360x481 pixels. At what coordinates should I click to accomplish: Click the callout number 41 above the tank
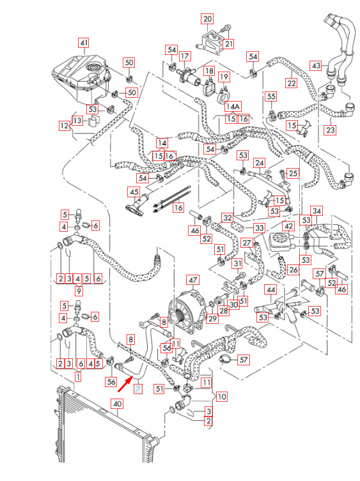83,43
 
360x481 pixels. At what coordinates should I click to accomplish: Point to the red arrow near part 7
126,383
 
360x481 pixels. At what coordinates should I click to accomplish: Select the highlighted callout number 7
138,389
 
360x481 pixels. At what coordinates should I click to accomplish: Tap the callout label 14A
233,107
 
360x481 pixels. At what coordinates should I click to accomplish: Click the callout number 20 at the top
208,19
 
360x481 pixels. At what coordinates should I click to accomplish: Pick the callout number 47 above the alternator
193,280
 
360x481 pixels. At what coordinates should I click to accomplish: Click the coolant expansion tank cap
92,67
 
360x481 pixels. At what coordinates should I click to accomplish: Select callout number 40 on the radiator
118,404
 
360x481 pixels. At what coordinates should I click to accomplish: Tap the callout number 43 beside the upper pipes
316,65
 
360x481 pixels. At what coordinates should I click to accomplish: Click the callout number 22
291,83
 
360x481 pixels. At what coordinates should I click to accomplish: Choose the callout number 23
330,130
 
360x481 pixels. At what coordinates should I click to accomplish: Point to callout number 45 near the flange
134,192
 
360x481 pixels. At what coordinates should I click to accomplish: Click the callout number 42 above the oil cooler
288,226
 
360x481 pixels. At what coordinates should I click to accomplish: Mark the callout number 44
271,290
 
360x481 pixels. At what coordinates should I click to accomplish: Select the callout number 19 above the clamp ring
224,77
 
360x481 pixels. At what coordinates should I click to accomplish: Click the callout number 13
77,121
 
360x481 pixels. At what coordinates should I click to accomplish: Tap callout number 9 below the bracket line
79,290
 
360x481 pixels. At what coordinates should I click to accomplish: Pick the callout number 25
293,173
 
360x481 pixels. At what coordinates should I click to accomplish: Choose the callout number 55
271,96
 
